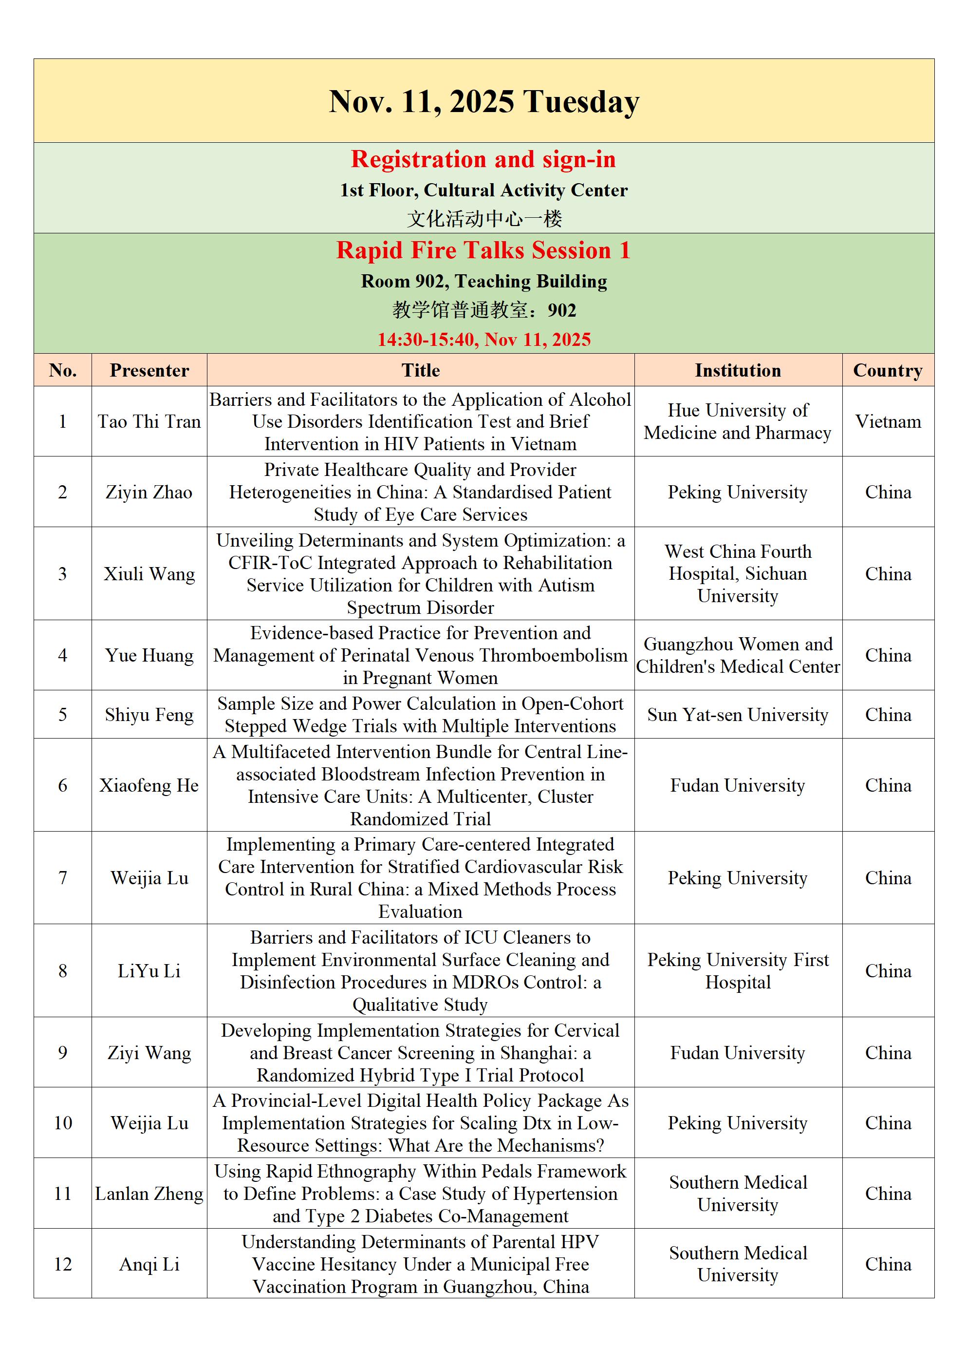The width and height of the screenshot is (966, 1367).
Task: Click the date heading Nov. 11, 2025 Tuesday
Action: click(483, 102)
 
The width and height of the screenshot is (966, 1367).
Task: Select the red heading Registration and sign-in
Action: click(483, 160)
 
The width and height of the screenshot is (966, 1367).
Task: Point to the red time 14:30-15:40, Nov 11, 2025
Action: click(483, 340)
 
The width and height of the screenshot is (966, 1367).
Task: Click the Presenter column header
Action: click(149, 370)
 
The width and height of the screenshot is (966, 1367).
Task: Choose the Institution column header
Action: click(738, 370)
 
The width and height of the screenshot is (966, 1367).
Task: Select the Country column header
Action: click(888, 370)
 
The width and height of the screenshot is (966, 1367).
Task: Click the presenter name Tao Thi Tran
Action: click(149, 421)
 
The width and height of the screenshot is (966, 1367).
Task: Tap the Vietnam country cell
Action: click(888, 421)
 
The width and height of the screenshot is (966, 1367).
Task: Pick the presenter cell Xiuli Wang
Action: click(149, 574)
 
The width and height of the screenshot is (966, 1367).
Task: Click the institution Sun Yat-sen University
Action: click(738, 715)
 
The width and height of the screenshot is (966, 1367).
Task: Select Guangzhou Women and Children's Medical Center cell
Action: click(738, 655)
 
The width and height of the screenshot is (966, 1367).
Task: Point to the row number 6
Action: click(62, 785)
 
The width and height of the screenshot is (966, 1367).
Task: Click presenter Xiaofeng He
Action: click(149, 785)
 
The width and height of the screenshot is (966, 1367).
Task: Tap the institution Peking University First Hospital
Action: click(738, 970)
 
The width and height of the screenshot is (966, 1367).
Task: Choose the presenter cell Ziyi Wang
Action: click(149, 1053)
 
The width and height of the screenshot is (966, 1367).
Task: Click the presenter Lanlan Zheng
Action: click(149, 1193)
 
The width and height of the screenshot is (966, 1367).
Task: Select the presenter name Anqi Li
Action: click(149, 1264)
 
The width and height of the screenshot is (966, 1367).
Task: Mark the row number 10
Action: click(62, 1123)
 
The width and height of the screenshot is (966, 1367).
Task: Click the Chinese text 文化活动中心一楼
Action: click(483, 219)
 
